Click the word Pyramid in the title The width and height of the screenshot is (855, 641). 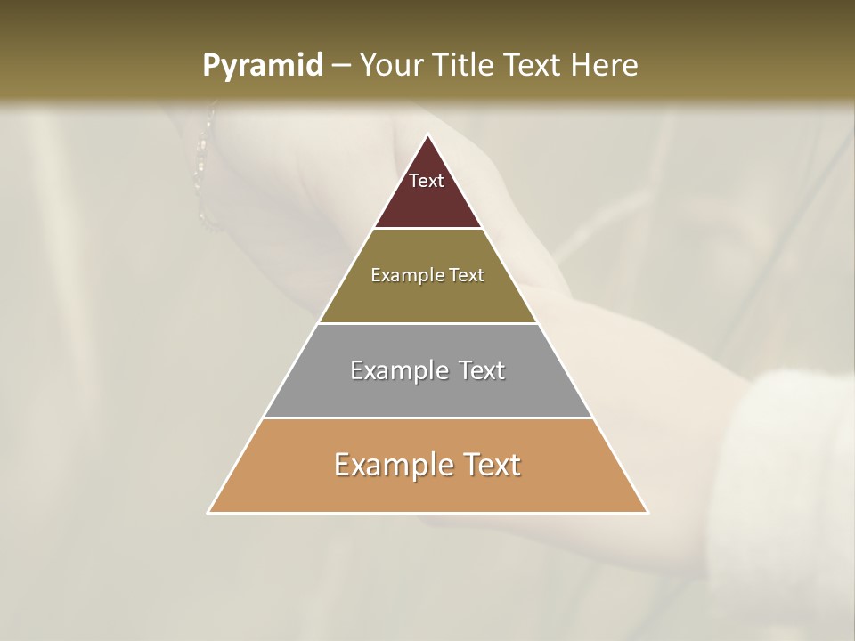coord(262,66)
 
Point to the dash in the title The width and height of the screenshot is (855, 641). coord(341,66)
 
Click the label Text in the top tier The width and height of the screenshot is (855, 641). coord(427,181)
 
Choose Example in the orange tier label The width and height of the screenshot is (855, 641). coord(392,465)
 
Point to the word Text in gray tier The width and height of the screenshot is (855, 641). coord(480,370)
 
